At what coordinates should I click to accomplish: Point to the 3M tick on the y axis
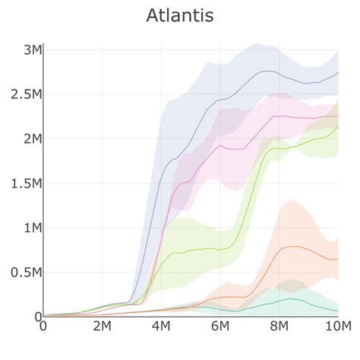(30, 50)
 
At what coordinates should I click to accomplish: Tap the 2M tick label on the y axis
(30, 139)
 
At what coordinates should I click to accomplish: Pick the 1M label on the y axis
(30, 228)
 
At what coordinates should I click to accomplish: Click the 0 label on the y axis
(36, 316)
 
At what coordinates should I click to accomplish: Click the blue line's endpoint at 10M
(338, 73)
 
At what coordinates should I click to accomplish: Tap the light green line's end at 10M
(338, 127)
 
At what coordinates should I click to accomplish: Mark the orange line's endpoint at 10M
(338, 259)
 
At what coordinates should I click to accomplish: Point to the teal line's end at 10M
(338, 310)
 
